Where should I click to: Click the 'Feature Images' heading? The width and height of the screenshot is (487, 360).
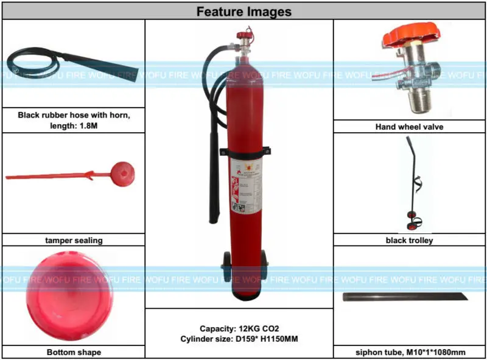click(x=243, y=12)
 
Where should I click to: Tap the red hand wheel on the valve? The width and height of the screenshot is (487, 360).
click(x=406, y=38)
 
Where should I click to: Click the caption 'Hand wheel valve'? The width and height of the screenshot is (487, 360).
click(x=409, y=127)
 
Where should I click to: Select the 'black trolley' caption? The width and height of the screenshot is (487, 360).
click(x=409, y=241)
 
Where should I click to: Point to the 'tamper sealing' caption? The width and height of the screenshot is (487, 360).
click(x=74, y=241)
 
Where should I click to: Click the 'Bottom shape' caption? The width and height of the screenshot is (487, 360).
click(x=74, y=352)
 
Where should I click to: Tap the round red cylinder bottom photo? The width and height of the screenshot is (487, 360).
click(x=63, y=298)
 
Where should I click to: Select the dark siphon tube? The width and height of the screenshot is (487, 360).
click(x=405, y=297)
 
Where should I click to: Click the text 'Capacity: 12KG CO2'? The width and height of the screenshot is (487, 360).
click(x=239, y=328)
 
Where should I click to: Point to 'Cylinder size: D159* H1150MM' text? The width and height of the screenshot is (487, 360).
click(x=239, y=339)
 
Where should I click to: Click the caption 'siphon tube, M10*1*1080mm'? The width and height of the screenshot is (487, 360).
click(x=409, y=352)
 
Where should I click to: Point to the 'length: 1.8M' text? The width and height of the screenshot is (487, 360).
click(x=74, y=126)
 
